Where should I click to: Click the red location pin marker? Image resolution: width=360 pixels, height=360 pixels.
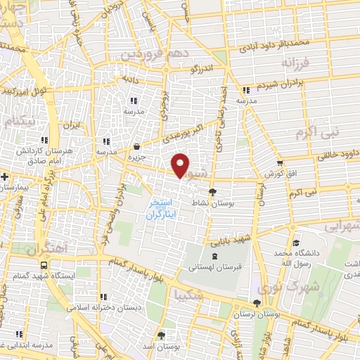[x=181, y=165]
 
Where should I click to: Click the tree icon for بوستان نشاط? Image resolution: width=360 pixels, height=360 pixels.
[x=213, y=190]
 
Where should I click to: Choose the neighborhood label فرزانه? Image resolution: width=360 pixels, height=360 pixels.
[x=295, y=64]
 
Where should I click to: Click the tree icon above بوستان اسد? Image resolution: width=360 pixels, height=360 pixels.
[x=161, y=334]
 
